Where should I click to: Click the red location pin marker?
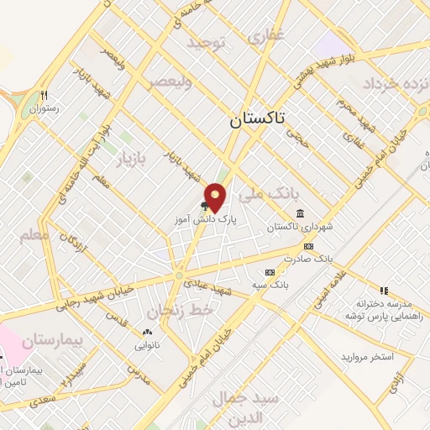coord(216,197)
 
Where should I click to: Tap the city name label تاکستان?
coord(258,120)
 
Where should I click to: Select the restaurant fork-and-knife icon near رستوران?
coord(44,95)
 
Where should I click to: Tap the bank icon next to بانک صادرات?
coord(308,246)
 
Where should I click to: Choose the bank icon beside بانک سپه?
coord(270,272)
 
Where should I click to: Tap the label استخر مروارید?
coord(367,357)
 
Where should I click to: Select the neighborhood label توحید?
coord(207,43)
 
